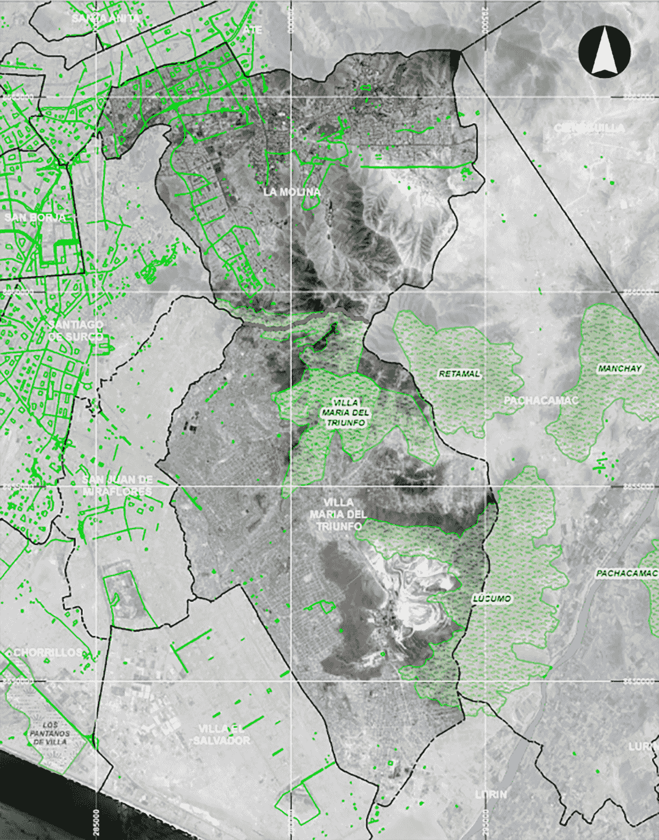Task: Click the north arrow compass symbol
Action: tap(604, 51)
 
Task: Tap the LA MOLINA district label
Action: tap(292, 192)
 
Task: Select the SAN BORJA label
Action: tap(35, 218)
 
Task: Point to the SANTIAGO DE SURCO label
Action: tap(75, 330)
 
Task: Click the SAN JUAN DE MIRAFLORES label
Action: tap(117, 485)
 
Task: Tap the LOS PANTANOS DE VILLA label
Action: tap(49, 733)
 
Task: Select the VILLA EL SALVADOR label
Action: tap(221, 734)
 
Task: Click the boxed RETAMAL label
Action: tap(459, 374)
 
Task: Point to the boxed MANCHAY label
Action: tap(619, 369)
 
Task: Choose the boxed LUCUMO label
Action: tap(492, 598)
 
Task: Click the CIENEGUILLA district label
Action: tap(589, 128)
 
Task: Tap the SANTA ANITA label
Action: tap(105, 18)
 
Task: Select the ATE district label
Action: tap(253, 30)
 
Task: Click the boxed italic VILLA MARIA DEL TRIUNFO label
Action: tap(345, 413)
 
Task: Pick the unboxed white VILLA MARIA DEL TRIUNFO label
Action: tap(338, 514)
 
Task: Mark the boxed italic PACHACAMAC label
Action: tap(626, 574)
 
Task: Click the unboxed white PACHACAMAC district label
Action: tap(541, 400)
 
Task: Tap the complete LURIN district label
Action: tap(491, 794)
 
